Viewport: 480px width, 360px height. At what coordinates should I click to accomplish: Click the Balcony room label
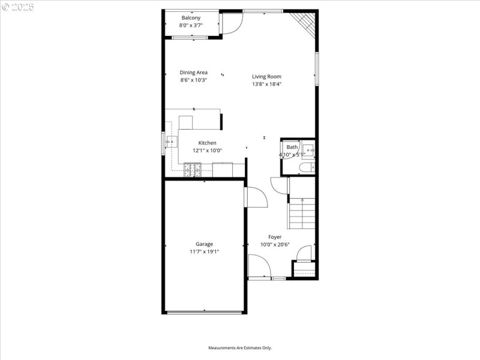click(191, 18)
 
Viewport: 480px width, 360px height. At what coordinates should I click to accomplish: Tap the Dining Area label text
click(193, 73)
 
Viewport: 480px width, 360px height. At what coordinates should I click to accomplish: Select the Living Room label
click(266, 76)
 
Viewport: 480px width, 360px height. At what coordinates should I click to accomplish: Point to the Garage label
click(204, 244)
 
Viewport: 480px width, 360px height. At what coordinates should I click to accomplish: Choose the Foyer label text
click(275, 237)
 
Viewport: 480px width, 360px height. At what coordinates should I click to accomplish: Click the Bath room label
click(292, 147)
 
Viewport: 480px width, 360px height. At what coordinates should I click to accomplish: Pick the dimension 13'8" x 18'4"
click(266, 84)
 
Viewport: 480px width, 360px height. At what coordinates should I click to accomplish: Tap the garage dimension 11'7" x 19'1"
click(204, 252)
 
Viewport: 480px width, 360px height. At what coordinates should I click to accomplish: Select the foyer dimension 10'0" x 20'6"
click(275, 245)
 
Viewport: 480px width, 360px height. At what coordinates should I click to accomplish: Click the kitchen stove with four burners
click(193, 171)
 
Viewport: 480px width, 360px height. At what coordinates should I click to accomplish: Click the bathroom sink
click(308, 149)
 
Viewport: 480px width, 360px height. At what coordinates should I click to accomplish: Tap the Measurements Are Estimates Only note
click(240, 348)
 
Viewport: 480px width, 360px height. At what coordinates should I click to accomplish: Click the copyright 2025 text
click(19, 7)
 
